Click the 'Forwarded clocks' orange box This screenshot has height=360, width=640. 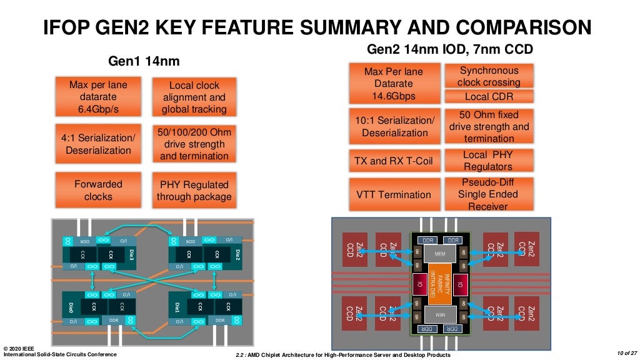[x=98, y=191]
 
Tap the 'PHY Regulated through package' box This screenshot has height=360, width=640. [x=194, y=191]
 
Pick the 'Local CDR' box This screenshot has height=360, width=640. [x=489, y=96]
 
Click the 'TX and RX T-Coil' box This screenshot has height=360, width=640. [x=392, y=161]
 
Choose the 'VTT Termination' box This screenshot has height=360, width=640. [x=394, y=194]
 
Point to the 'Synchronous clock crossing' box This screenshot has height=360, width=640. [x=489, y=76]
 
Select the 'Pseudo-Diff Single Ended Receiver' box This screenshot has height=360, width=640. [x=489, y=194]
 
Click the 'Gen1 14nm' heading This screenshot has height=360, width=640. [x=144, y=61]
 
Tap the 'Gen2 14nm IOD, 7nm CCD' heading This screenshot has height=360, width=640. [x=449, y=49]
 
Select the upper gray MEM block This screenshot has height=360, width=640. [x=439, y=253]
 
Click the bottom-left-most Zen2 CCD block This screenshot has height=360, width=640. [x=355, y=312]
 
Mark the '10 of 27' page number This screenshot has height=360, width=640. [x=625, y=354]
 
